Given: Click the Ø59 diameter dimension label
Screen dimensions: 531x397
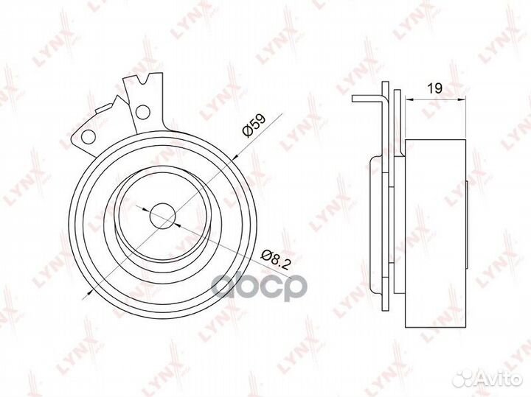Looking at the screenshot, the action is pyautogui.click(x=254, y=125).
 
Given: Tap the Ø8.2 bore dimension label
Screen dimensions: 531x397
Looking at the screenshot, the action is pyautogui.click(x=276, y=260).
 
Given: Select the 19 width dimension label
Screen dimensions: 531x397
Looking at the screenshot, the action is pyautogui.click(x=435, y=88).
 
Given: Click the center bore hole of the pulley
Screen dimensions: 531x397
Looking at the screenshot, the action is pyautogui.click(x=162, y=216).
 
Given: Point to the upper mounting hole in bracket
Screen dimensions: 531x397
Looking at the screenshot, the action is pyautogui.click(x=142, y=112).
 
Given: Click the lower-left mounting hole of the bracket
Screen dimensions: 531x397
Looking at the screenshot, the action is pyautogui.click(x=88, y=136).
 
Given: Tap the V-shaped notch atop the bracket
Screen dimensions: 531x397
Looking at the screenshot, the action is pyautogui.click(x=143, y=80).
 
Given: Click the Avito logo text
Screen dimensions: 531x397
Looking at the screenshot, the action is pyautogui.click(x=502, y=379).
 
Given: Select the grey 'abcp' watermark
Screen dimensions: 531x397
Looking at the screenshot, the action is pyautogui.click(x=258, y=286).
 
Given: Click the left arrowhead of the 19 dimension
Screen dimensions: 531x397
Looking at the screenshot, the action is pyautogui.click(x=409, y=99).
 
